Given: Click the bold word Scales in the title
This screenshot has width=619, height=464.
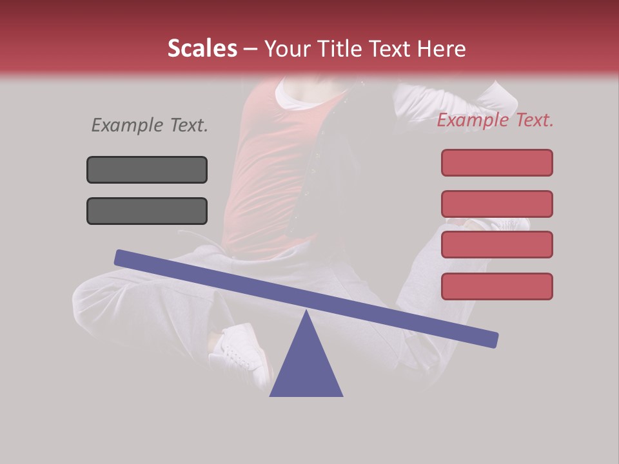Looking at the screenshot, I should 202,49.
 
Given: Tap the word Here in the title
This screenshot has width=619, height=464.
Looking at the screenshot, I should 440,49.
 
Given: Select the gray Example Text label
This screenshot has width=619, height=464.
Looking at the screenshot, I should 150,126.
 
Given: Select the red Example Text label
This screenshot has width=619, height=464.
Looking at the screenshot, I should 495,121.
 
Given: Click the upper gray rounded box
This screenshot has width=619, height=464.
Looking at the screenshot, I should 147,169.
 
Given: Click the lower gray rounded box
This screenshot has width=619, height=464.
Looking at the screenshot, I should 147,211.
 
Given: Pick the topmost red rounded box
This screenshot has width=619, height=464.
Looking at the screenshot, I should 496,162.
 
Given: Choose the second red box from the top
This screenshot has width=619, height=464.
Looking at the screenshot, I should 496,204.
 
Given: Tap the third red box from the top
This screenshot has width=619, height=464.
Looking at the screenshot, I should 496,244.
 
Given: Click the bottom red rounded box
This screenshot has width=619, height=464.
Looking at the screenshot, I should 496,286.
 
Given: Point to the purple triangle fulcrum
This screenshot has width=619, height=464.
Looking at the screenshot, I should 306,367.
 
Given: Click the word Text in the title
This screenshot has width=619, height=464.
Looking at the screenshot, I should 392,49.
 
